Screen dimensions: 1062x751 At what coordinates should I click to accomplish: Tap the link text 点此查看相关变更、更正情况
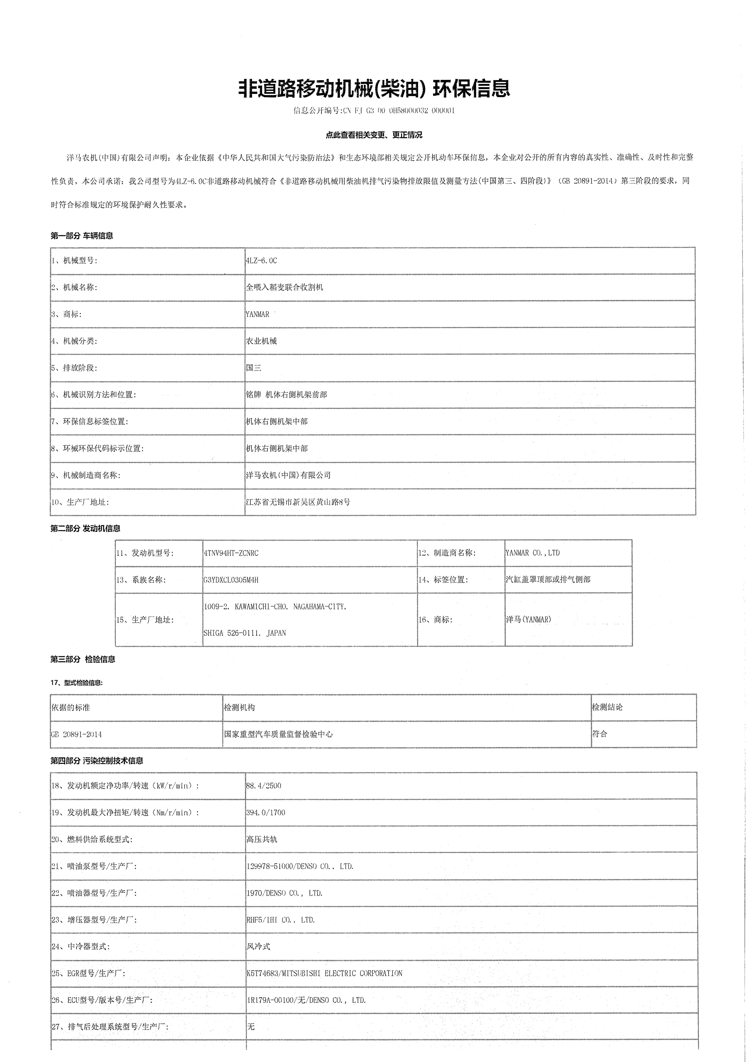(374, 135)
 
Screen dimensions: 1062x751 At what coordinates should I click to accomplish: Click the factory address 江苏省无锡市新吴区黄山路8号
(298, 502)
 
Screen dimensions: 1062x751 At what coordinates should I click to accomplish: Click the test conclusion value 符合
(600, 734)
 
